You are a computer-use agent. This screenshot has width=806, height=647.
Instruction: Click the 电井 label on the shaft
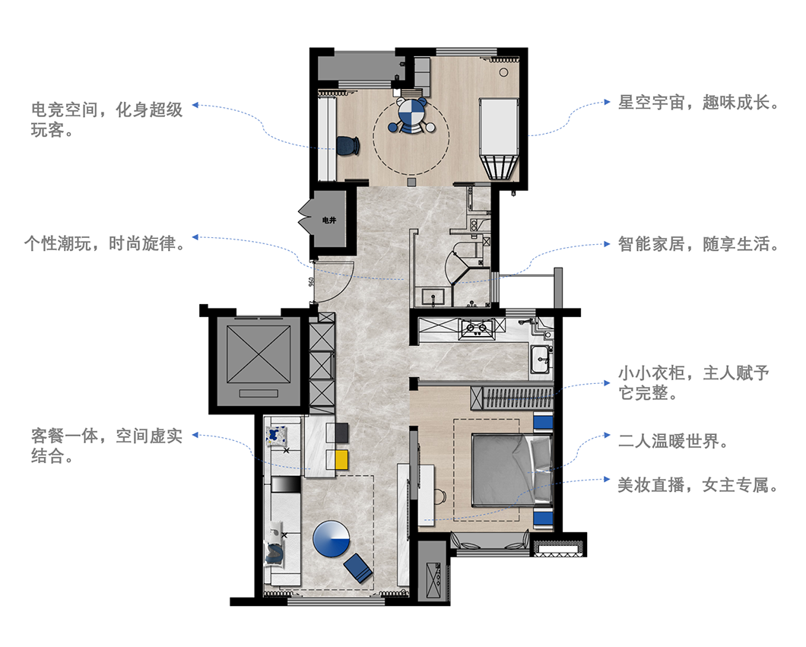pyautogui.click(x=328, y=220)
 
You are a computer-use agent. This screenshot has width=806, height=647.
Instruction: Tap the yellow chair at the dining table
pyautogui.click(x=340, y=458)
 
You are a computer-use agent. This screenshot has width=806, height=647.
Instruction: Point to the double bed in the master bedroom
pyautogui.click(x=507, y=469)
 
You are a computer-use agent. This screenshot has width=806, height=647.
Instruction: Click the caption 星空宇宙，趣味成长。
pyautogui.click(x=698, y=103)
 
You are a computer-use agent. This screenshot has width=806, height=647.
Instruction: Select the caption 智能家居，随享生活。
pyautogui.click(x=698, y=245)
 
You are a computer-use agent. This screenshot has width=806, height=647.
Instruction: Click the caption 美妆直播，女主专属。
pyautogui.click(x=698, y=484)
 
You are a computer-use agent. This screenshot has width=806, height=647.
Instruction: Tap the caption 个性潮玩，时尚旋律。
pyautogui.click(x=104, y=243)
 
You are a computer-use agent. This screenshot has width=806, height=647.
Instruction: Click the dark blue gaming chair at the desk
pyautogui.click(x=347, y=144)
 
